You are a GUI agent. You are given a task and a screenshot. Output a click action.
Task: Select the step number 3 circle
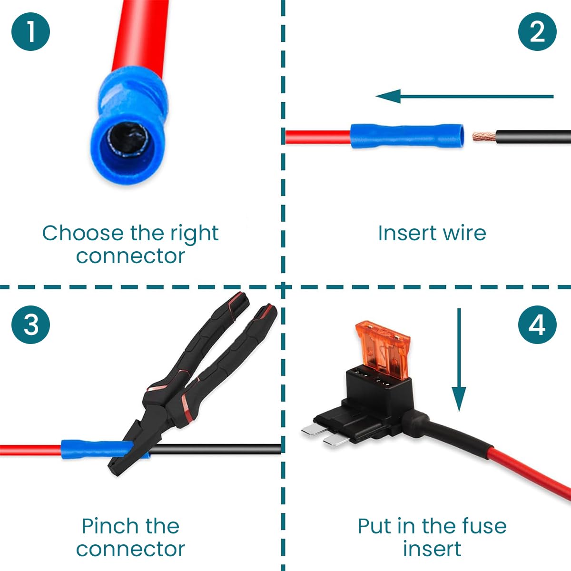(31, 325)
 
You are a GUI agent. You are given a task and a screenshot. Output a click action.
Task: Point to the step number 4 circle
(537, 325)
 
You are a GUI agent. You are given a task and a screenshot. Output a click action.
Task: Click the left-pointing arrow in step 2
(464, 97)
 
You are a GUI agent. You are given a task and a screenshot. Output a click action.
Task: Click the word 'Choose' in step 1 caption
(82, 234)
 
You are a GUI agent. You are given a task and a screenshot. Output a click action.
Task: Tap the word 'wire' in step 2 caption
(464, 233)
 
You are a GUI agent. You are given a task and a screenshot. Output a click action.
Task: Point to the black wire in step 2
(533, 137)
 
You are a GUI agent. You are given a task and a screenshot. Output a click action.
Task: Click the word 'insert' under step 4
(432, 549)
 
